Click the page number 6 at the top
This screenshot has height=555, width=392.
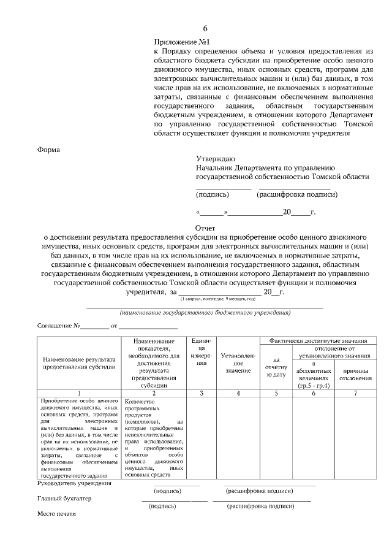pyautogui.click(x=205, y=29)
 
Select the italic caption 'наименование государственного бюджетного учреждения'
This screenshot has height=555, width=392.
pyautogui.click(x=205, y=313)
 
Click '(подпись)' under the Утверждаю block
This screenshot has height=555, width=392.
pyautogui.click(x=213, y=195)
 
